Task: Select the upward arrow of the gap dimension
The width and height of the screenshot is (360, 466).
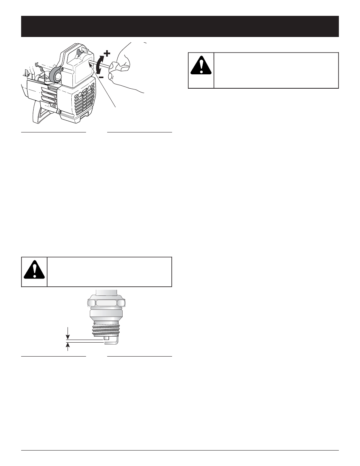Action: click(x=68, y=346)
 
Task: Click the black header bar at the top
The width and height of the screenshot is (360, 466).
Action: click(x=180, y=26)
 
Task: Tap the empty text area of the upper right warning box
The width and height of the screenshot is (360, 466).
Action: click(x=275, y=70)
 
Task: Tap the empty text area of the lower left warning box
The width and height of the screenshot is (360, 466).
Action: click(x=109, y=272)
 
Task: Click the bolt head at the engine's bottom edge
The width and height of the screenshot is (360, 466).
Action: click(x=60, y=112)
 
